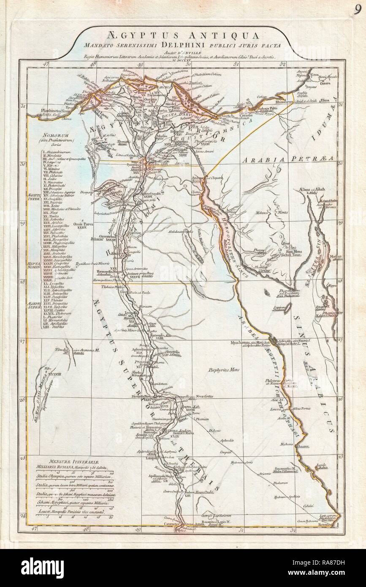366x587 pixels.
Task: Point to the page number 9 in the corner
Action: pyautogui.click(x=357, y=11)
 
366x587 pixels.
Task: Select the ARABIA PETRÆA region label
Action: pyautogui.click(x=287, y=159)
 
